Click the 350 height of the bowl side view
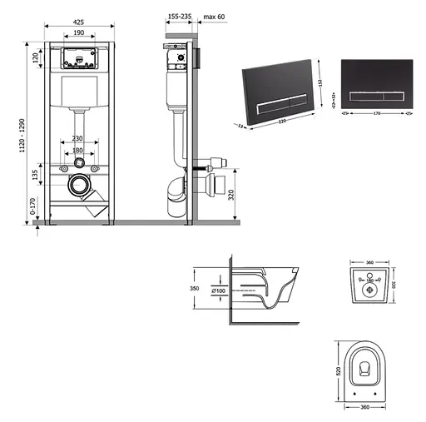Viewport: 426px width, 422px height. pos(196,289)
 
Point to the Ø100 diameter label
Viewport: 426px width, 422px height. pos(219,290)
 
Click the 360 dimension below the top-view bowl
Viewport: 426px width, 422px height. pos(360,408)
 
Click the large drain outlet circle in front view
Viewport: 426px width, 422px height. pos(80,184)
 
